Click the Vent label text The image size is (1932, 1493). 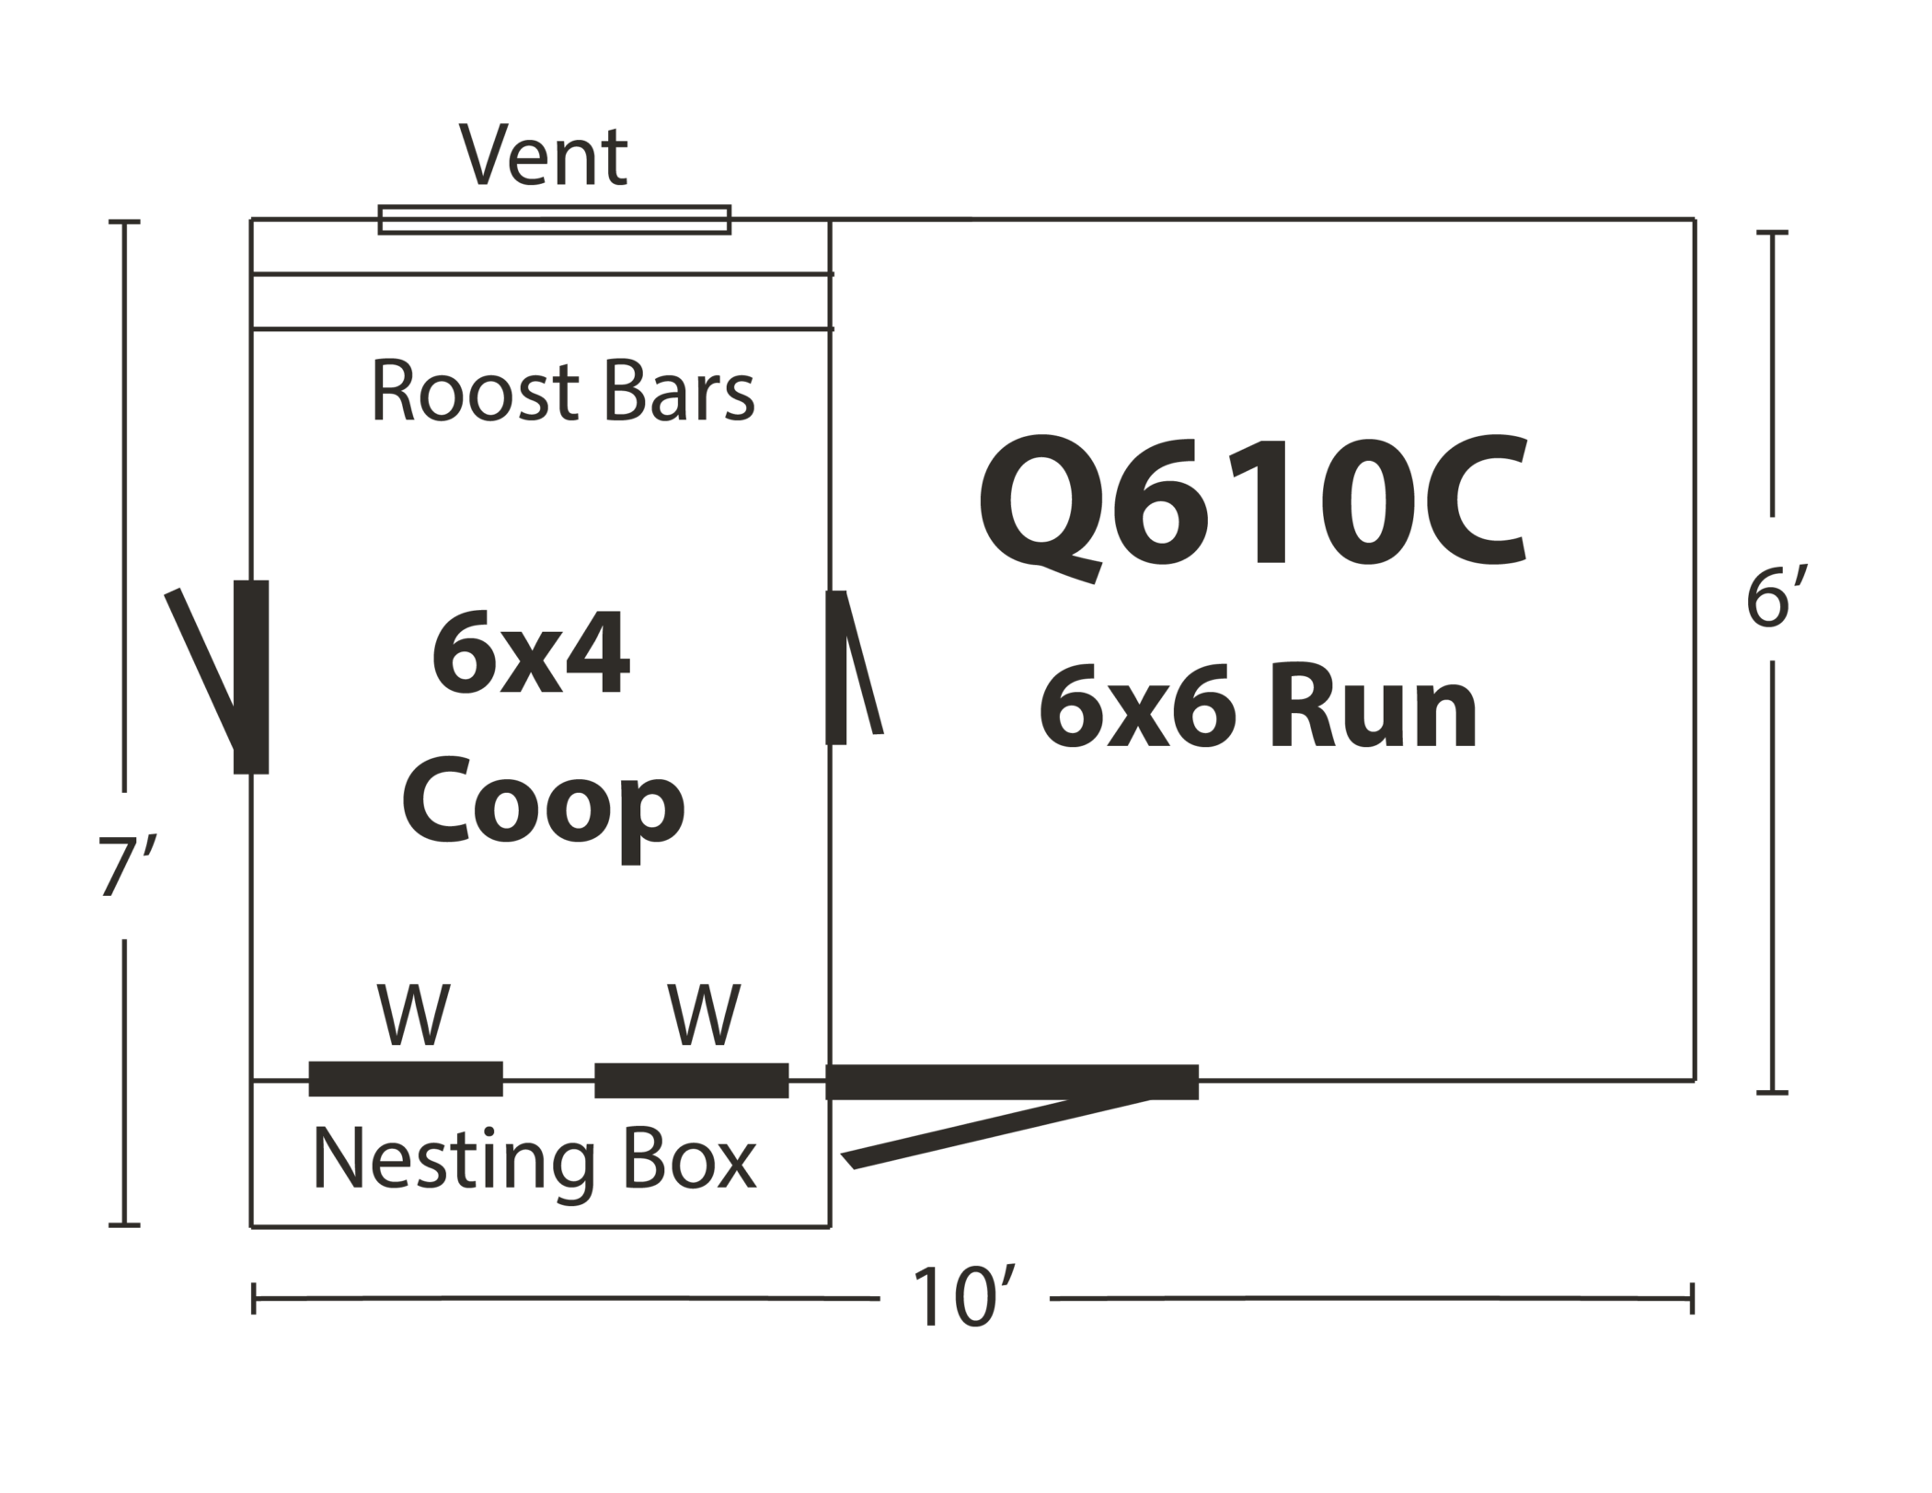click(x=544, y=155)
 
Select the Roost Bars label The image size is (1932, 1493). click(x=562, y=391)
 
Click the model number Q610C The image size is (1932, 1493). click(x=1252, y=505)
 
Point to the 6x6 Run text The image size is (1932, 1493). click(x=1259, y=707)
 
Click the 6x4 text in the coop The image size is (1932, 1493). click(x=531, y=656)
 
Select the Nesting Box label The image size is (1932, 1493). click(x=535, y=1161)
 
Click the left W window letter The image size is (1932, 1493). click(x=414, y=1015)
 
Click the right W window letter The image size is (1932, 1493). click(x=705, y=1015)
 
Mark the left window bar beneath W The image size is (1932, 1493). click(x=406, y=1079)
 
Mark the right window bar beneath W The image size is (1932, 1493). click(x=692, y=1080)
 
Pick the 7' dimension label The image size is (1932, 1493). click(x=121, y=866)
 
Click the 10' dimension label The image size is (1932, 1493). click(x=963, y=1298)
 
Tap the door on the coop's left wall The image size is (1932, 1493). click(x=250, y=677)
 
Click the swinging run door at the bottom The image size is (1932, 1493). click(x=1012, y=1083)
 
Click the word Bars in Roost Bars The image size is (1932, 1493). click(x=679, y=391)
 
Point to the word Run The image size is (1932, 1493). click(x=1374, y=707)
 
